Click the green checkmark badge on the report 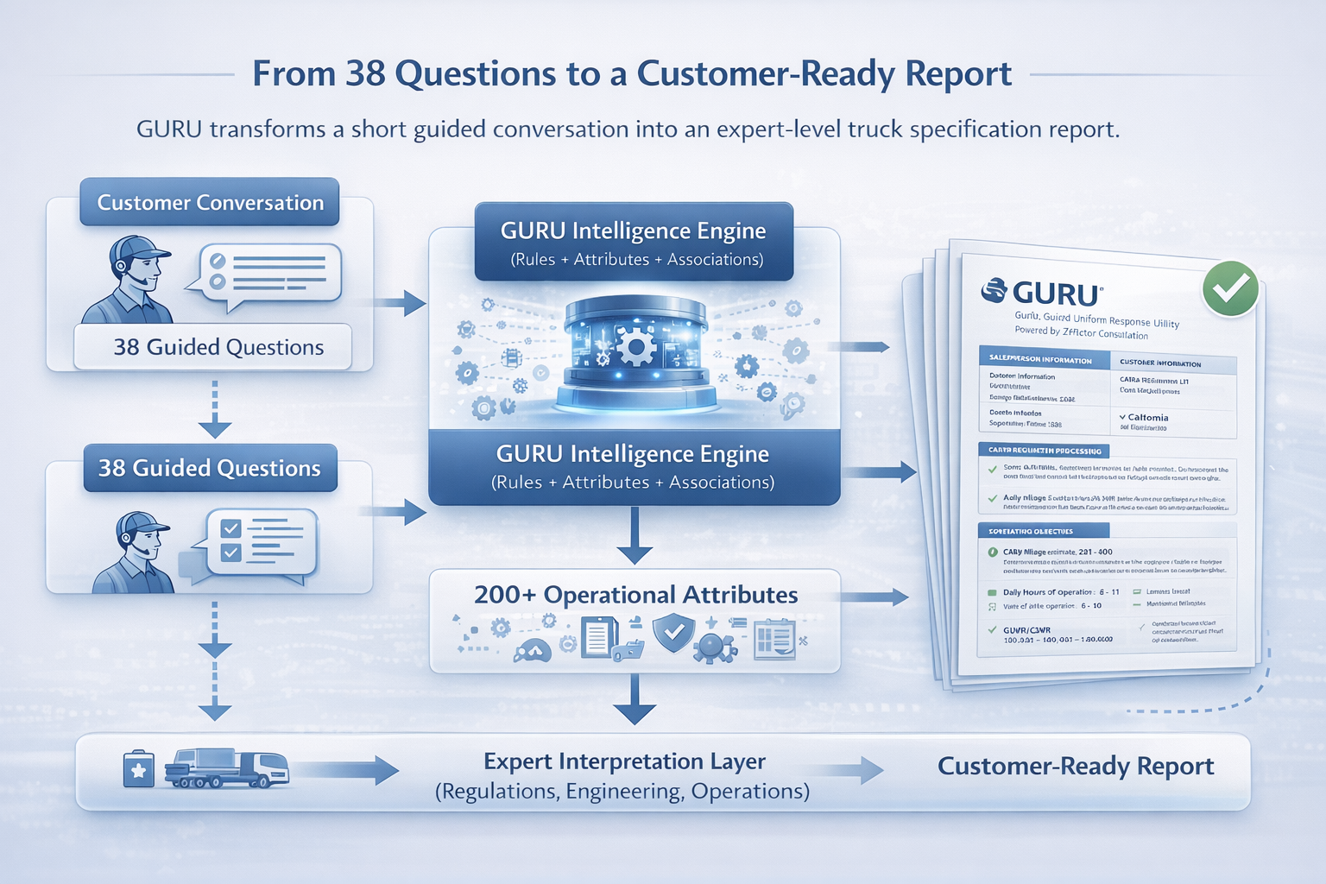[x=1230, y=288]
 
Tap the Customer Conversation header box [x=210, y=202]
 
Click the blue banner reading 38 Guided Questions [x=210, y=468]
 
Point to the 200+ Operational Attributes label [x=635, y=595]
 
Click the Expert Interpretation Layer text [x=624, y=761]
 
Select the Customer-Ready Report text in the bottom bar [x=1075, y=766]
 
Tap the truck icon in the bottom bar [x=226, y=767]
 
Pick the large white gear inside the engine [x=637, y=348]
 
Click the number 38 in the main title [x=365, y=74]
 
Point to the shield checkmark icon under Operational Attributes [x=673, y=634]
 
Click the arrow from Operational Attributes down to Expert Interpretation [x=635, y=699]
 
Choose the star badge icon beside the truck [x=138, y=768]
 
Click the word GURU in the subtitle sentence [x=168, y=129]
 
